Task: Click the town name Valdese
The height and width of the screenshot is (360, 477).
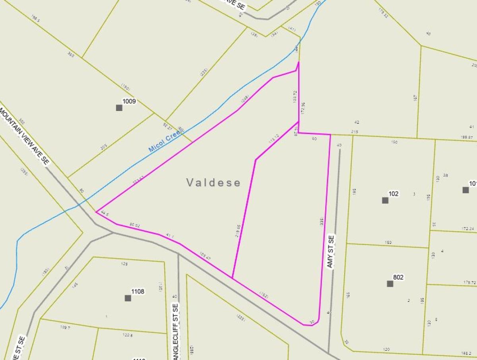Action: coord(213,183)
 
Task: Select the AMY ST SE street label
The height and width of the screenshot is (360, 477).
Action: coord(331,251)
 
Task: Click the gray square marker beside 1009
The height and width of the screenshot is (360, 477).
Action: coord(119,108)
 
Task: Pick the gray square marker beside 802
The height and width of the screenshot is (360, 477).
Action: coord(390,284)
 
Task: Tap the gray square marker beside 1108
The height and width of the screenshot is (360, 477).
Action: coord(128,298)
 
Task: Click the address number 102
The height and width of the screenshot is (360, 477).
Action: coord(394,194)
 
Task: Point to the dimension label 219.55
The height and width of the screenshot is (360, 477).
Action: coord(238,231)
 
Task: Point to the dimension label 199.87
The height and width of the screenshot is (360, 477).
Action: coord(467,137)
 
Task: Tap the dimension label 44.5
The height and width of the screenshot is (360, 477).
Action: coord(105,213)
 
